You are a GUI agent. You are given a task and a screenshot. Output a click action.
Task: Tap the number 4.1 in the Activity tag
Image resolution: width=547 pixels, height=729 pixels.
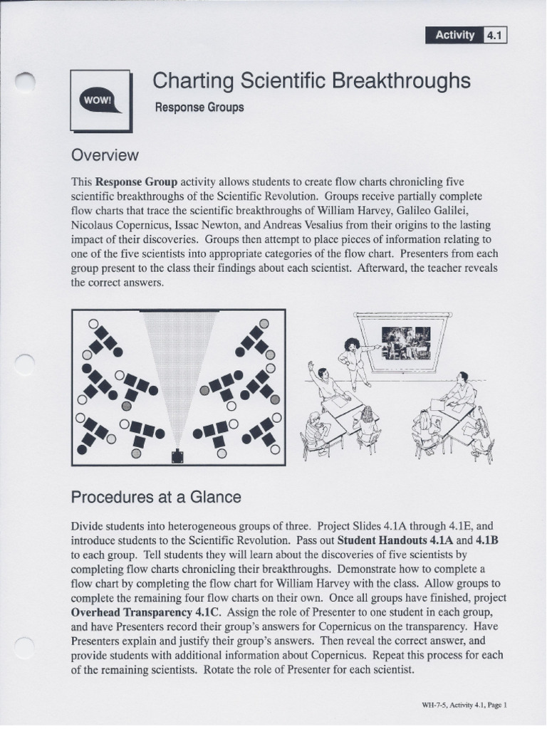(x=494, y=35)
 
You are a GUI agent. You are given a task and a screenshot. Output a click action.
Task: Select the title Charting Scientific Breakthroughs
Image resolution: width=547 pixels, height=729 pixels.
(x=311, y=81)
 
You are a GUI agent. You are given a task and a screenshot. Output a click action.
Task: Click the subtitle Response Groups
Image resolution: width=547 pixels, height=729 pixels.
(x=199, y=107)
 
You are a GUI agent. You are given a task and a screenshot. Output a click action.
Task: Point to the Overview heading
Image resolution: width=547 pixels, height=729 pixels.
(x=104, y=155)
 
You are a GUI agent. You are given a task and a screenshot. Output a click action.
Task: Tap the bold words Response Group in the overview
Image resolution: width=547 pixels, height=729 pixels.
(x=136, y=181)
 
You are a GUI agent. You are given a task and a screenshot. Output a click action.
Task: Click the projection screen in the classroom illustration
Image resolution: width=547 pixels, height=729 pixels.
(x=406, y=341)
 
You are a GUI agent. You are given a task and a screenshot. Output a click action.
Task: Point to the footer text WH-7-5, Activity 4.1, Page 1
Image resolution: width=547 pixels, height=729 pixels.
(x=464, y=705)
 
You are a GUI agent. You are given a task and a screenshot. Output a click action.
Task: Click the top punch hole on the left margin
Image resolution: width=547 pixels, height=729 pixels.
(x=25, y=84)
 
